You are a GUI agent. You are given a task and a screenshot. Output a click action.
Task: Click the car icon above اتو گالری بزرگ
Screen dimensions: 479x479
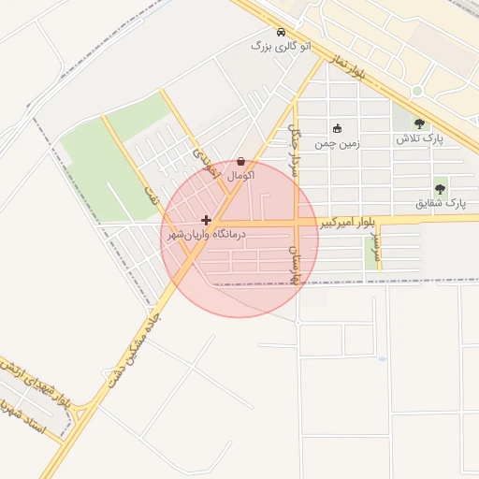click(282, 32)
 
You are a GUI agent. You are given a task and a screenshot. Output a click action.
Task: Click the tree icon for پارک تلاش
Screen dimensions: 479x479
click(418, 124)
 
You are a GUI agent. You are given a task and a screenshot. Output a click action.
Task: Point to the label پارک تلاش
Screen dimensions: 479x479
click(418, 138)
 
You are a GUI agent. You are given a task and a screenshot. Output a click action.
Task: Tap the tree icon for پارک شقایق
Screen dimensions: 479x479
click(440, 189)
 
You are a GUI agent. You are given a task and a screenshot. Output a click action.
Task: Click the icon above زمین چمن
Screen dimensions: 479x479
click(337, 129)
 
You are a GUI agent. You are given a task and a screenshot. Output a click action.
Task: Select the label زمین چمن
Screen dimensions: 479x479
click(337, 144)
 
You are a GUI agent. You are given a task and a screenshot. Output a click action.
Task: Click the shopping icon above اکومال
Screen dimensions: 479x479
click(241, 162)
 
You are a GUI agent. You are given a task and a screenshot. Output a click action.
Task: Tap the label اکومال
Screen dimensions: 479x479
click(241, 176)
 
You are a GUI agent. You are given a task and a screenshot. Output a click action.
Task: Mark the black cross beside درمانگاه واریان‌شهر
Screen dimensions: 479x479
click(206, 221)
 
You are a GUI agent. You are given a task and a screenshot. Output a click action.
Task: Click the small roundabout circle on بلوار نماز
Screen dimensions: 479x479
click(417, 91)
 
